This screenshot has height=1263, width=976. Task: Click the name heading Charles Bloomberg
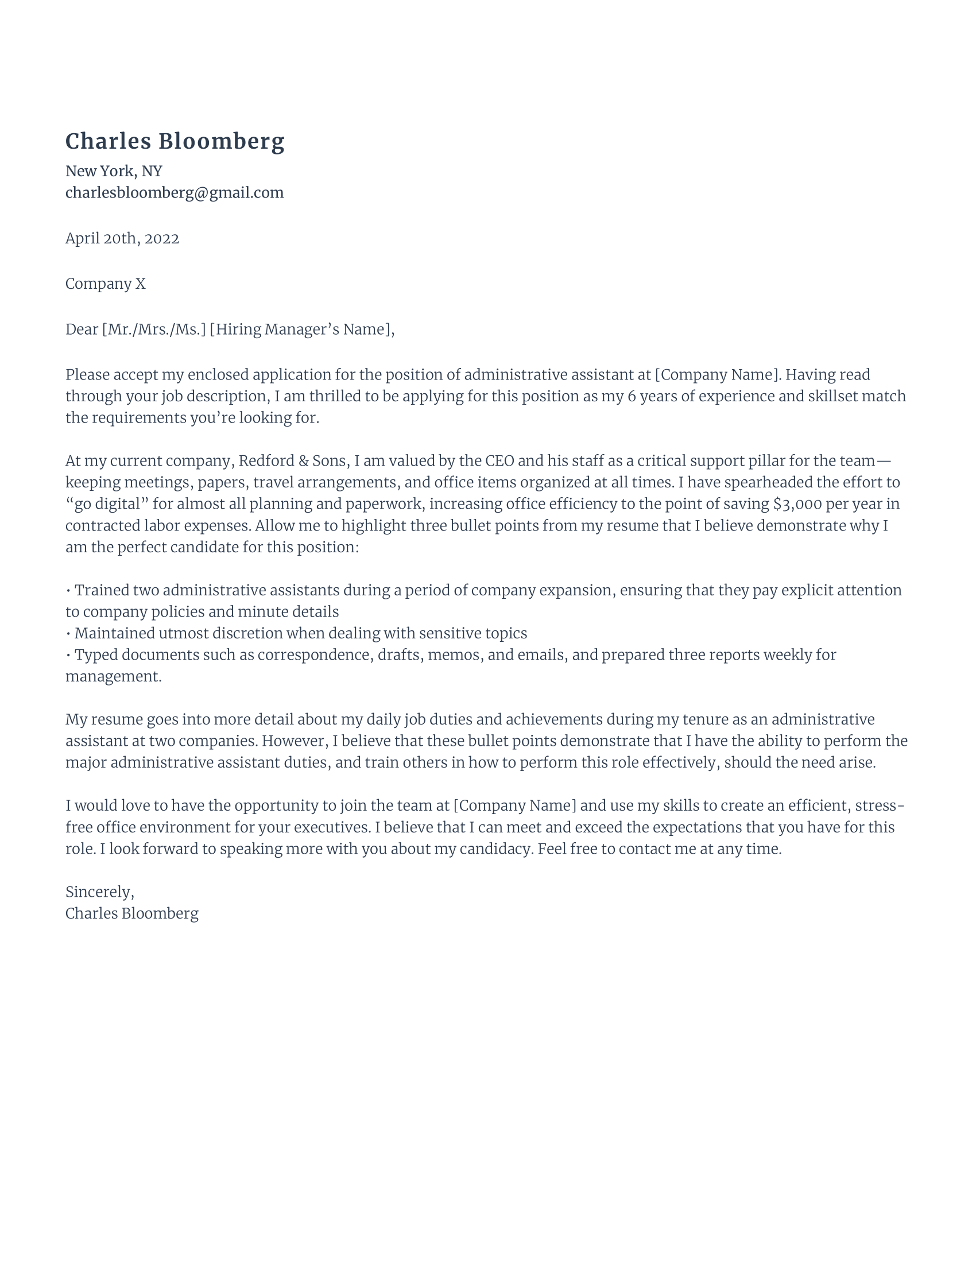pyautogui.click(x=175, y=142)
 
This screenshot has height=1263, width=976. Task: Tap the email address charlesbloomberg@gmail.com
pyautogui.click(x=174, y=192)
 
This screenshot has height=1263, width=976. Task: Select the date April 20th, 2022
pyautogui.click(x=122, y=238)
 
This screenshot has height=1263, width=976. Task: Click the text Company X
pyautogui.click(x=105, y=284)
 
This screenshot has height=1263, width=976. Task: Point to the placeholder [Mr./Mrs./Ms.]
pyautogui.click(x=154, y=330)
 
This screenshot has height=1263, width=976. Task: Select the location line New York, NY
pyautogui.click(x=113, y=171)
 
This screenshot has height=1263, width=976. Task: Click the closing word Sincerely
pyautogui.click(x=98, y=892)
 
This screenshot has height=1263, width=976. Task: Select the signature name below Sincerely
pyautogui.click(x=132, y=914)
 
